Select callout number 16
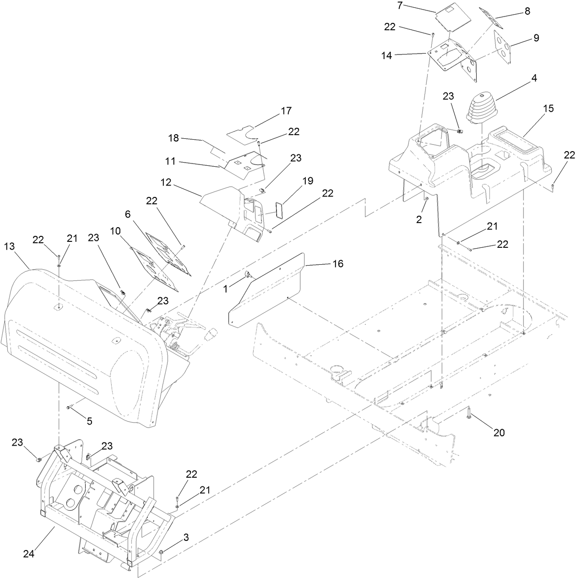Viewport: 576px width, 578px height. point(338,264)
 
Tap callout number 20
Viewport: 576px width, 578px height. point(499,432)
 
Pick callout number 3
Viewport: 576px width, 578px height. point(185,538)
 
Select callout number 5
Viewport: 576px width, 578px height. point(89,421)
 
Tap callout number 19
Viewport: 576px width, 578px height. point(308,181)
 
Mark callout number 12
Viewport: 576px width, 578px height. point(166,182)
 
